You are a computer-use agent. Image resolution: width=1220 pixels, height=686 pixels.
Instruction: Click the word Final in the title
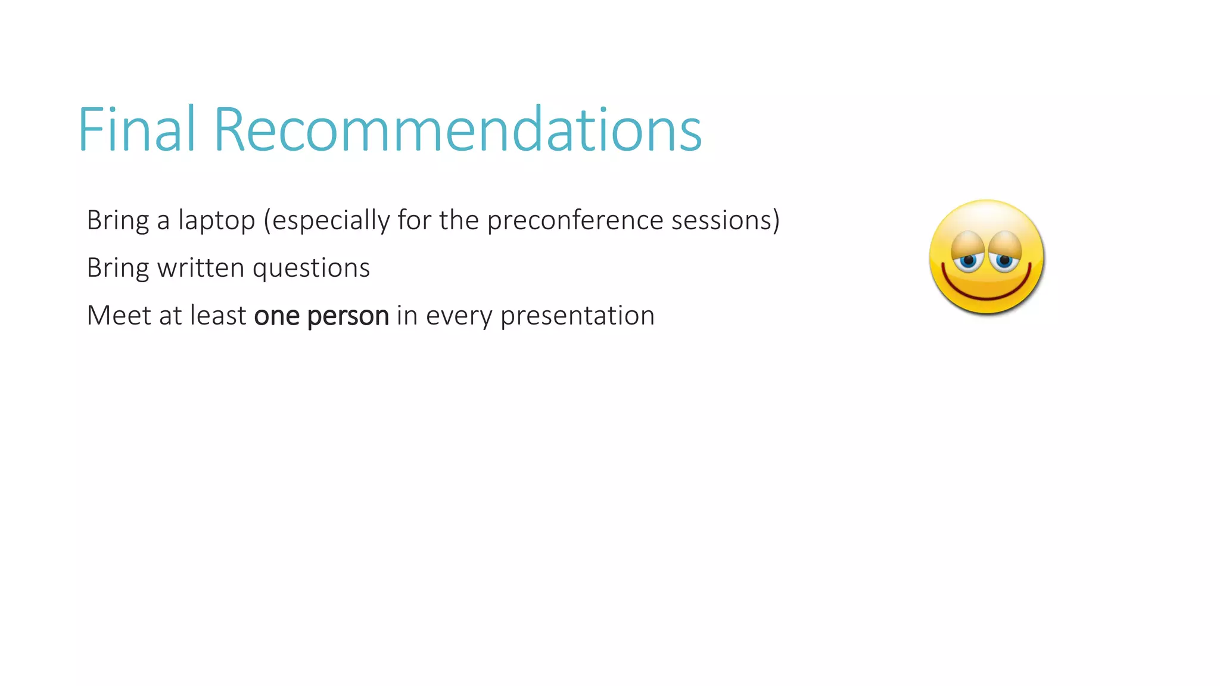pyautogui.click(x=136, y=129)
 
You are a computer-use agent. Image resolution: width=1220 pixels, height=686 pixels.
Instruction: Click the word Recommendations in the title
pyautogui.click(x=457, y=129)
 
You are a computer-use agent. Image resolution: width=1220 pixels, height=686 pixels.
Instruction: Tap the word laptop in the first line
pyautogui.click(x=217, y=221)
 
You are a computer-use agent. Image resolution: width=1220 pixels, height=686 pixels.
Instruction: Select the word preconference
pyautogui.click(x=575, y=221)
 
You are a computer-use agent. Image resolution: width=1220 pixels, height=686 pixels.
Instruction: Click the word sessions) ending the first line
pyautogui.click(x=725, y=220)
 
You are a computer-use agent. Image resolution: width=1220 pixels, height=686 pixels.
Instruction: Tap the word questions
pyautogui.click(x=311, y=269)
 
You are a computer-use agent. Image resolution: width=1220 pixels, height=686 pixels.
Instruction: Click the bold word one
pyautogui.click(x=276, y=316)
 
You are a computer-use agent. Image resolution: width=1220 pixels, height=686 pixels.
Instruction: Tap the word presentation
pyautogui.click(x=577, y=316)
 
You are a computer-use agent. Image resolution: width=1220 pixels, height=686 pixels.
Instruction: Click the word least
pyautogui.click(x=218, y=315)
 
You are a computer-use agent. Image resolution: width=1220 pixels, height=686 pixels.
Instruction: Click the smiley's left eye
pyautogui.click(x=968, y=260)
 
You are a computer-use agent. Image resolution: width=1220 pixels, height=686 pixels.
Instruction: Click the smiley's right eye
pyautogui.click(x=1005, y=260)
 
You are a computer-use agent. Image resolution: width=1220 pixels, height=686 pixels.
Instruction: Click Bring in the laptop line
pyautogui.click(x=118, y=221)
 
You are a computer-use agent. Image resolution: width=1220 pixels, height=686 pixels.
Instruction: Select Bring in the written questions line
pyautogui.click(x=118, y=269)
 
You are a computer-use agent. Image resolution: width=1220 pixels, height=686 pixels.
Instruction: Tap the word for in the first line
pyautogui.click(x=414, y=220)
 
